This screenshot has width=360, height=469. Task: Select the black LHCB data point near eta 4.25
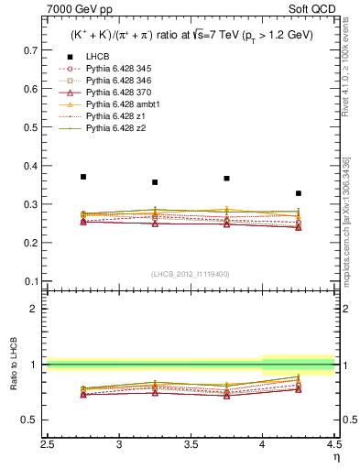coord(299,193)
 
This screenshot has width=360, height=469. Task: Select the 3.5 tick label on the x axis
coord(191,445)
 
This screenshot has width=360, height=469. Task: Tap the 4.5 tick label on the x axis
coord(333,445)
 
